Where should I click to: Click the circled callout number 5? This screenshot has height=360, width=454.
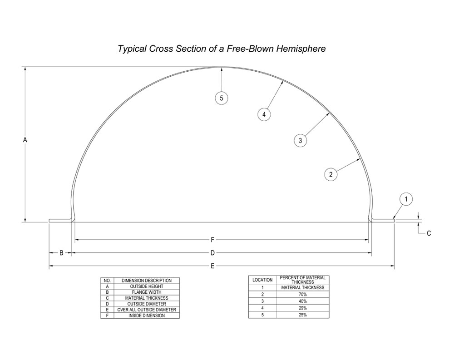pyautogui.click(x=222, y=98)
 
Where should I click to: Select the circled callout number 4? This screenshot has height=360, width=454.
pyautogui.click(x=264, y=114)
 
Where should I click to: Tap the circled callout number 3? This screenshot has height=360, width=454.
pyautogui.click(x=300, y=140)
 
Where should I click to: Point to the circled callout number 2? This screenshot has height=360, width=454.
pyautogui.click(x=331, y=174)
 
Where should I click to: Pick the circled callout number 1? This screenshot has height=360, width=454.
pyautogui.click(x=406, y=199)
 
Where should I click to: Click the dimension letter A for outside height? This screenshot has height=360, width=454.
pyautogui.click(x=25, y=140)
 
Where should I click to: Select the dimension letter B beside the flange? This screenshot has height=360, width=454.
pyautogui.click(x=61, y=253)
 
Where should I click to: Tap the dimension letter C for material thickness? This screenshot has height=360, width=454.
pyautogui.click(x=429, y=233)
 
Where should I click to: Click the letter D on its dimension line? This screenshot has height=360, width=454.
pyautogui.click(x=212, y=253)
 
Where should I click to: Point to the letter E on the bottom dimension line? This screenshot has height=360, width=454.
pyautogui.click(x=212, y=266)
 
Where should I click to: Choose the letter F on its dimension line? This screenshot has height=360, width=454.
pyautogui.click(x=212, y=240)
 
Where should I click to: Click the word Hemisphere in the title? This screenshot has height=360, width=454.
pyautogui.click(x=301, y=49)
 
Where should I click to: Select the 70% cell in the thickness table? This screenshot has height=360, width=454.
pyautogui.click(x=303, y=294)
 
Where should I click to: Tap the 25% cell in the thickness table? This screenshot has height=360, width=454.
pyautogui.click(x=303, y=315)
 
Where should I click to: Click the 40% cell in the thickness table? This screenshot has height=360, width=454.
pyautogui.click(x=303, y=301)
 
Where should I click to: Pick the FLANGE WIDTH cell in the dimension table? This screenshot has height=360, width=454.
pyautogui.click(x=147, y=292)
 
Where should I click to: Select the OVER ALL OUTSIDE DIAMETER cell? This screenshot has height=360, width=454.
pyautogui.click(x=147, y=310)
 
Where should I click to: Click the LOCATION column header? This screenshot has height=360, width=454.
pyautogui.click(x=262, y=280)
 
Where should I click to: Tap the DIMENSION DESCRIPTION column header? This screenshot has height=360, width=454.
pyautogui.click(x=147, y=281)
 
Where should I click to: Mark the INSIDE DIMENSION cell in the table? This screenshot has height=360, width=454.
pyautogui.click(x=147, y=316)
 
